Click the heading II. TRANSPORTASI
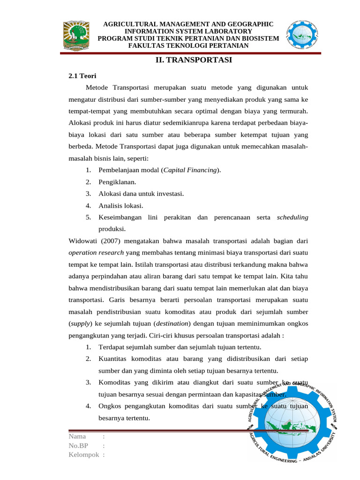pyautogui.click(x=194, y=60)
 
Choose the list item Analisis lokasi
pyautogui.click(x=121, y=205)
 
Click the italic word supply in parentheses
pyautogui.click(x=80, y=323)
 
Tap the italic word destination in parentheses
pyautogui.click(x=172, y=323)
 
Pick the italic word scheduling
pyautogui.click(x=292, y=217)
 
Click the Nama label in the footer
pyautogui.click(x=77, y=437)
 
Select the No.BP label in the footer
pyautogui.click(x=78, y=446)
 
